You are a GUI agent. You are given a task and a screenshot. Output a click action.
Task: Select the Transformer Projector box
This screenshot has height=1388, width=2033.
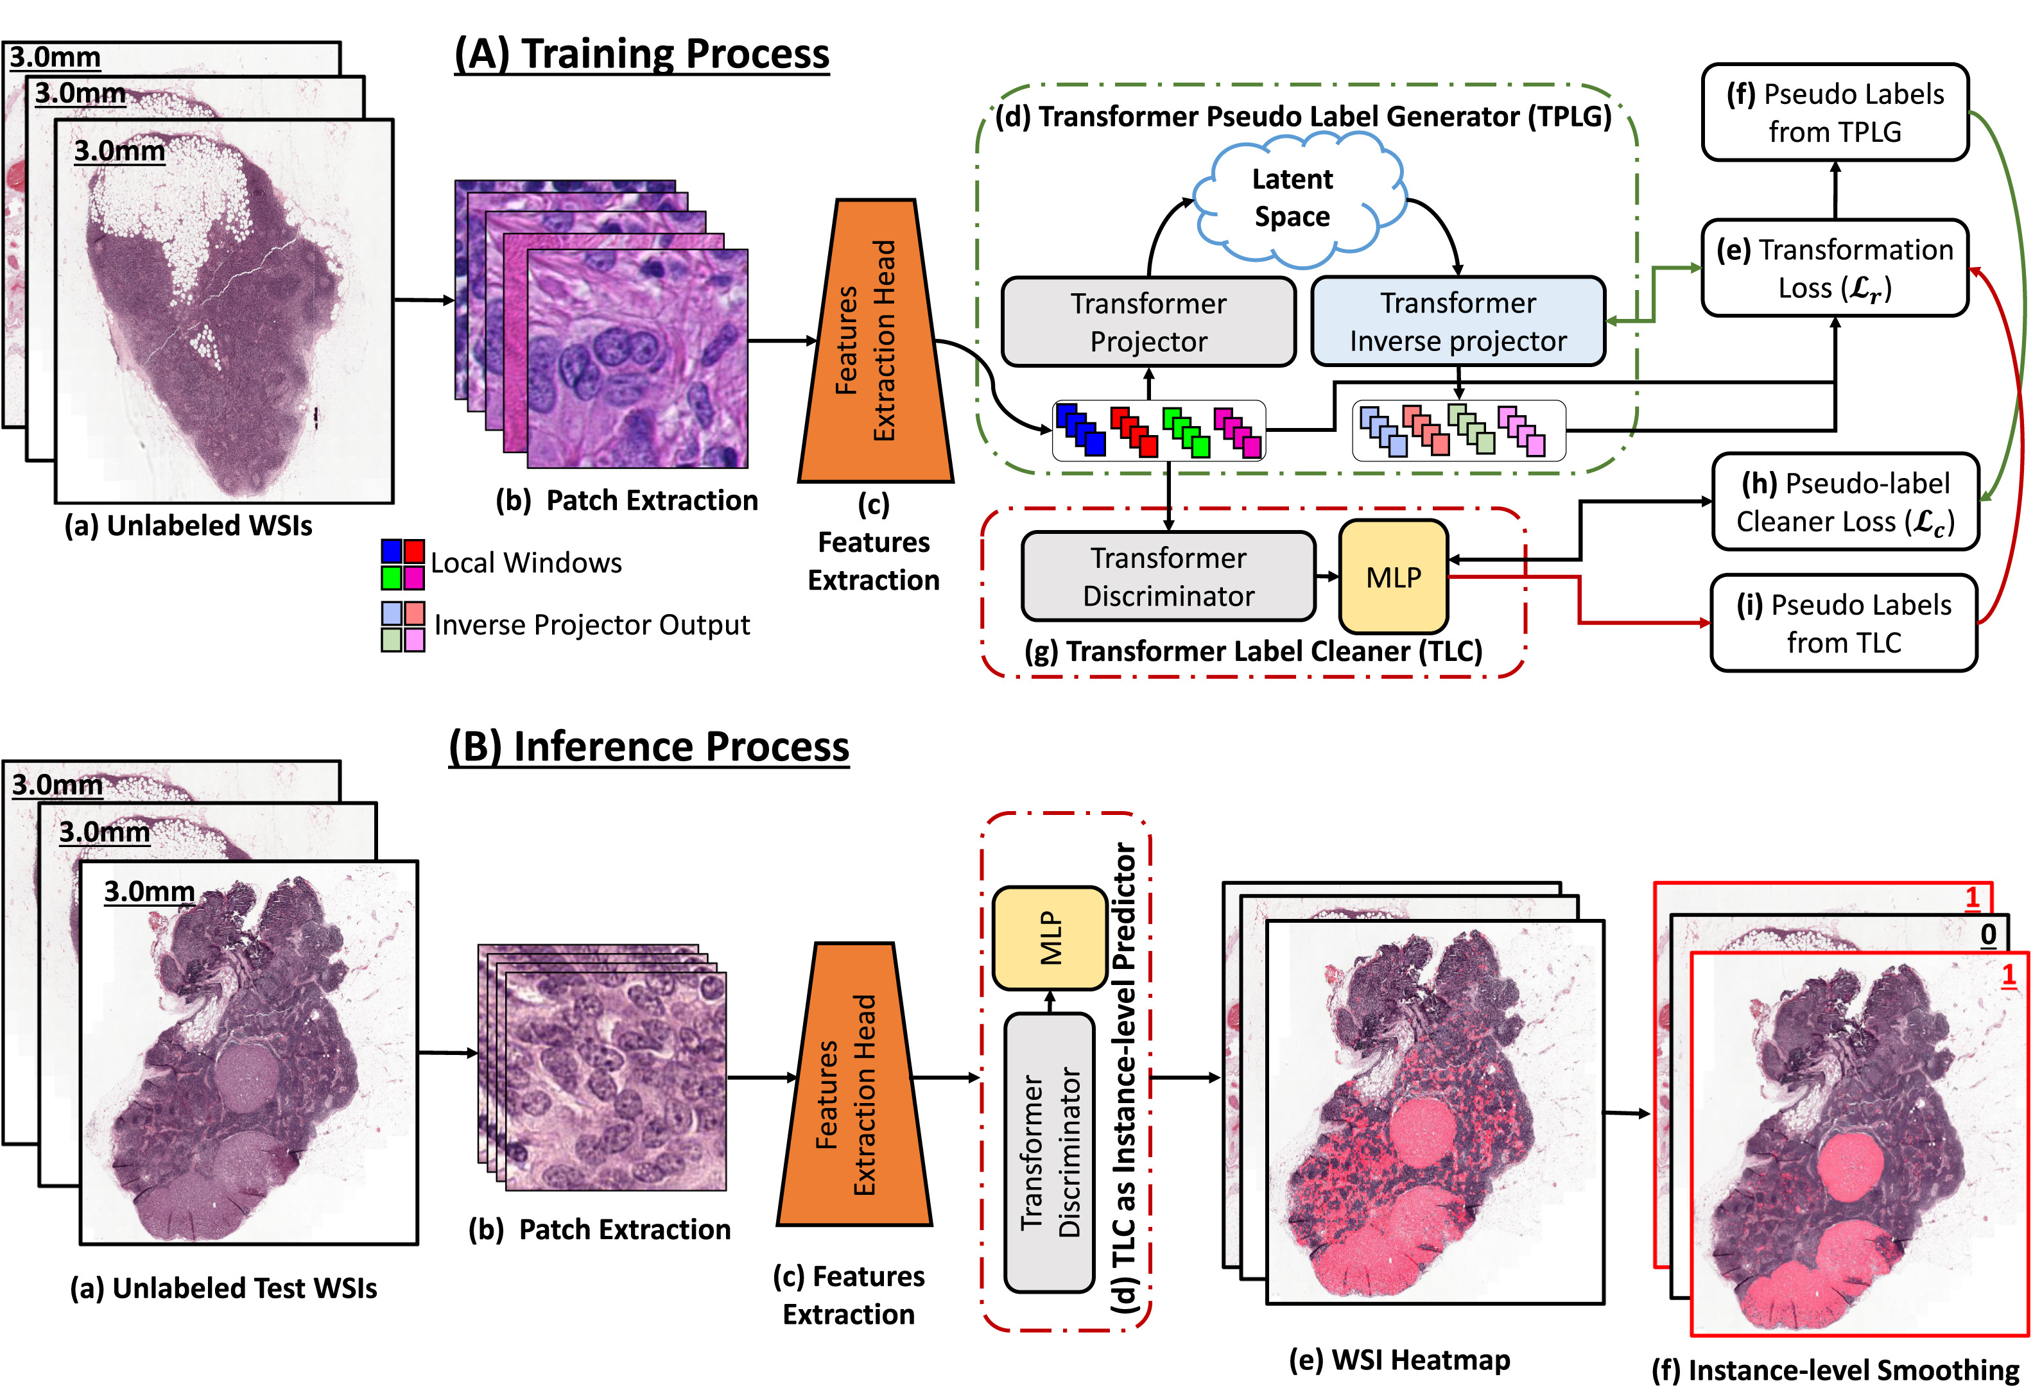pyautogui.click(x=1148, y=322)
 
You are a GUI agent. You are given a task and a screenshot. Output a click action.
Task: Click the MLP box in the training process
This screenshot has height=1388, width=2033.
pyautogui.click(x=1394, y=576)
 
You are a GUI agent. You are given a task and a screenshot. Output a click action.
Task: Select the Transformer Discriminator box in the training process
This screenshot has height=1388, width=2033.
pyautogui.click(x=1169, y=576)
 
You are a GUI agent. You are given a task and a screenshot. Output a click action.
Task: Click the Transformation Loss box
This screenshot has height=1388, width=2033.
pyautogui.click(x=1835, y=268)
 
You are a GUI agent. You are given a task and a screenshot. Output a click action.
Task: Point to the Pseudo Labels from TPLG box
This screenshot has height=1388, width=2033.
pyautogui.click(x=1835, y=112)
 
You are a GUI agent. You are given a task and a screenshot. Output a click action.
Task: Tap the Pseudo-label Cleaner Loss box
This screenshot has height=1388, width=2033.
pyautogui.click(x=1845, y=501)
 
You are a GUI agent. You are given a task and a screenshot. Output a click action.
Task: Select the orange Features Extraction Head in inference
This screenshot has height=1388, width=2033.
pyautogui.click(x=854, y=1084)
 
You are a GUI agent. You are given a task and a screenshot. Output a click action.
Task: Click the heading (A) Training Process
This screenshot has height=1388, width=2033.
pyautogui.click(x=641, y=53)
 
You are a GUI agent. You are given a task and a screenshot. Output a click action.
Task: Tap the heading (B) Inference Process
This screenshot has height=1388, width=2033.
pyautogui.click(x=648, y=747)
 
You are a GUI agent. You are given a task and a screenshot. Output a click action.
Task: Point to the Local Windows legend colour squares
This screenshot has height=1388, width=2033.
pyautogui.click(x=402, y=564)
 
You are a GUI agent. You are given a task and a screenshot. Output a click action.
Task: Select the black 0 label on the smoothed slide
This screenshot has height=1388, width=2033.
pyautogui.click(x=1989, y=934)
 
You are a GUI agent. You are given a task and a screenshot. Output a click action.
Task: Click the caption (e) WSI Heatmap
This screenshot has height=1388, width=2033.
pyautogui.click(x=1399, y=1360)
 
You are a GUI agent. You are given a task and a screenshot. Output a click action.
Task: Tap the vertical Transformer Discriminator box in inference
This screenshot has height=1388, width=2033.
pyautogui.click(x=1050, y=1152)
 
